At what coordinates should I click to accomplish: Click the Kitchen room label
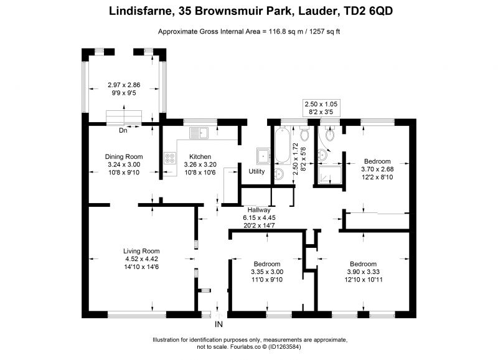tap(200, 157)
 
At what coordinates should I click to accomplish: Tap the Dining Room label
tap(124, 157)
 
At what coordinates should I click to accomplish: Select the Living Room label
tap(141, 251)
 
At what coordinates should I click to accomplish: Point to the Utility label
tap(256, 171)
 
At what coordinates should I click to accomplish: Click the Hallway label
tap(259, 210)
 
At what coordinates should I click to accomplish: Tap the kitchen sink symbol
tap(199, 133)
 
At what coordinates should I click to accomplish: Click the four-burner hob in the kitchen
tap(170, 158)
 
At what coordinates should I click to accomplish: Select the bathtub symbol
tap(283, 145)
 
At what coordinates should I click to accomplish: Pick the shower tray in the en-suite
tap(331, 175)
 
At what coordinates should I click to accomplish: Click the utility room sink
tap(263, 156)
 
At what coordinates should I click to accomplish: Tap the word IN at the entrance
tap(219, 324)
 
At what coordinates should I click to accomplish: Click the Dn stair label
tap(123, 130)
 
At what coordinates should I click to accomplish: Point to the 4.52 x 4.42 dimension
tap(142, 259)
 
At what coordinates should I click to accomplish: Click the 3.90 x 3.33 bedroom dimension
tap(364, 272)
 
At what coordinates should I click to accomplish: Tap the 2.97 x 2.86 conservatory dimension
tap(124, 85)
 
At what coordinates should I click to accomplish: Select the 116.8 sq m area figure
tap(286, 32)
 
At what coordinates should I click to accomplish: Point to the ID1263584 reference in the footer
tap(284, 347)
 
